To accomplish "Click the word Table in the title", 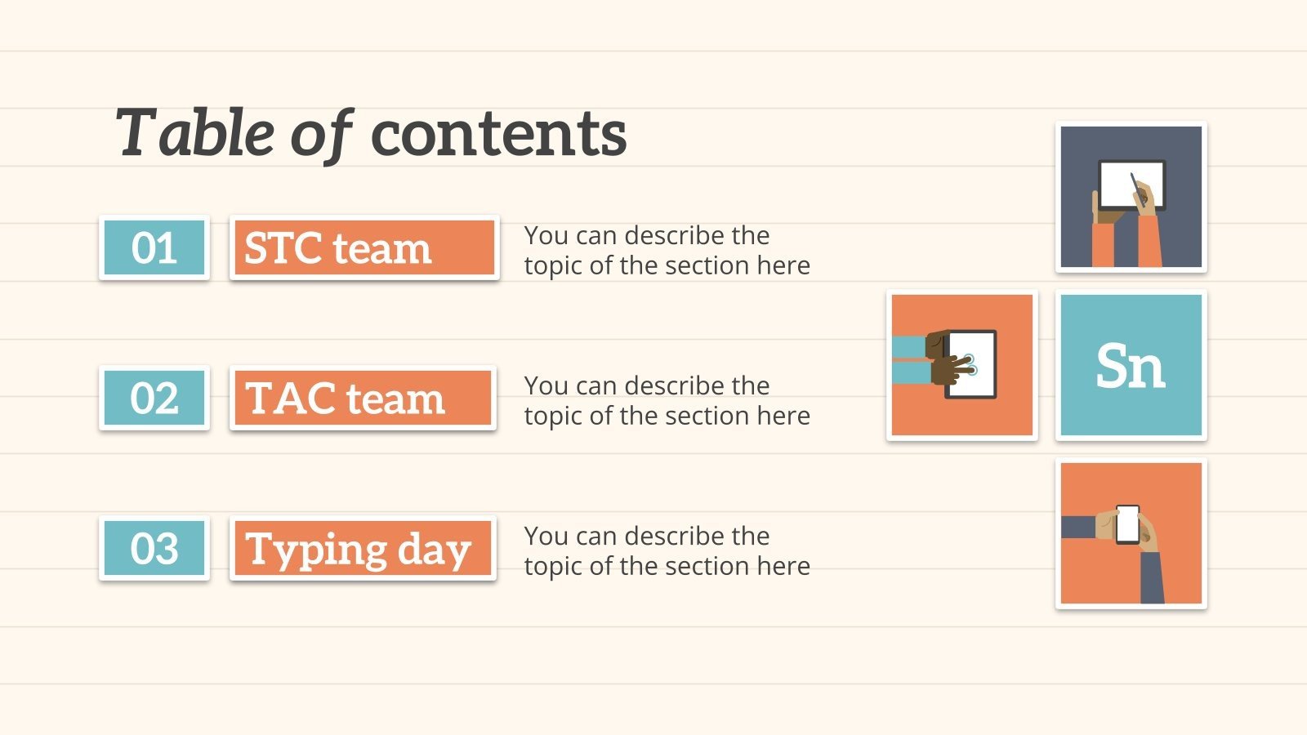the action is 195,134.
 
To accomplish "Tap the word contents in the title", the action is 499,135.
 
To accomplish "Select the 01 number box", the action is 154,248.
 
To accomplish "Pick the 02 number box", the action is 154,398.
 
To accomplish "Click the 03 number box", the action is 154,548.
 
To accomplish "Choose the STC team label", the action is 364,248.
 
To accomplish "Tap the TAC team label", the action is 363,398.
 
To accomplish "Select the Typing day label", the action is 363,548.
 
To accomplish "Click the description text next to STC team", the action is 667,250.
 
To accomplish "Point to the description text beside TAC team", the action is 667,401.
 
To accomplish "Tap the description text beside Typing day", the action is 667,550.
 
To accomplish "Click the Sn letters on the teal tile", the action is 1131,366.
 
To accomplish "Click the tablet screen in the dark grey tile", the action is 1131,185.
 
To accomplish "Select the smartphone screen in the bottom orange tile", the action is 1127,524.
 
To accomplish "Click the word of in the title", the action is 322,135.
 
